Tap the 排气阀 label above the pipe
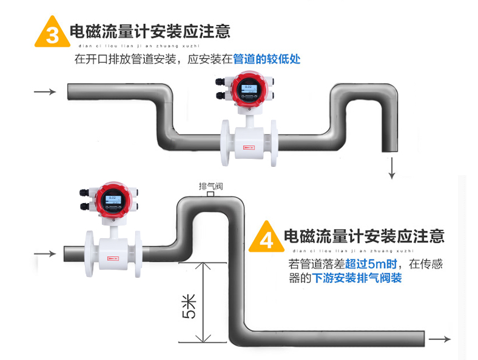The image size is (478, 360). [x=210, y=187]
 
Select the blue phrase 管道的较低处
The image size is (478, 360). [x=267, y=59]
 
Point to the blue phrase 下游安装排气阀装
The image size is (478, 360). [x=357, y=279]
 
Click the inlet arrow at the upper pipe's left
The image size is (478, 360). [x=44, y=92]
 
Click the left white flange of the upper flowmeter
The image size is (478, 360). [x=226, y=143]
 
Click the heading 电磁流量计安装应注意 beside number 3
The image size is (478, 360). [x=150, y=32]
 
